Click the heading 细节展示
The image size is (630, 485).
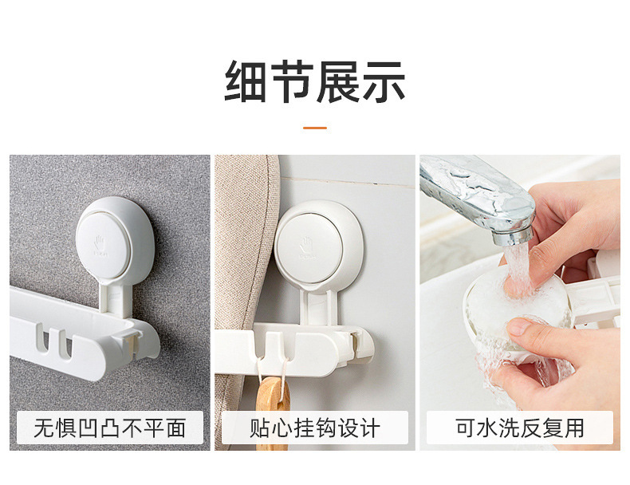point(314,82)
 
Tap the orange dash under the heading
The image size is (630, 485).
point(314,128)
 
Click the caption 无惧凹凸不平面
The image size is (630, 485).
point(110,428)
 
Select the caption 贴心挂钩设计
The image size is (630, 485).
point(314,428)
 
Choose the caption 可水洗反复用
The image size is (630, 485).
point(519,428)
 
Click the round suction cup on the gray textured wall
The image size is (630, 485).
point(115,240)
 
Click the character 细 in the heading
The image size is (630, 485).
point(246,82)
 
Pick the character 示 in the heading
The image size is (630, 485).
point(384,82)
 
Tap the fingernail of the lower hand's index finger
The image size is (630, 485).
point(518,327)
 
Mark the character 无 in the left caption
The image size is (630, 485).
point(44,428)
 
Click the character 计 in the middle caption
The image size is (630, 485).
point(370,428)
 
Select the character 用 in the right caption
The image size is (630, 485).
point(574,428)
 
